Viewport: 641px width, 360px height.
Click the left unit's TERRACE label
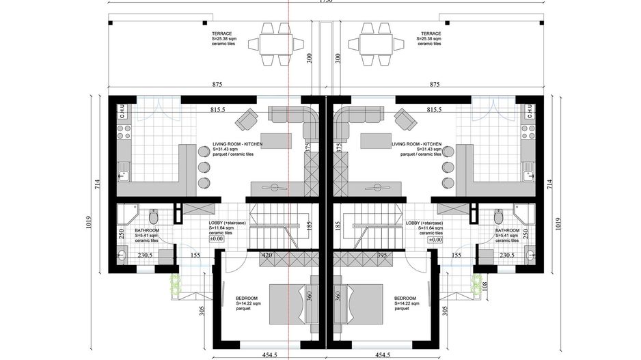[221, 33]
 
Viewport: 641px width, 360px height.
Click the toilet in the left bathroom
[154, 217]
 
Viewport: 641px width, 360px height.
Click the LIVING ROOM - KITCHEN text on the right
[416, 144]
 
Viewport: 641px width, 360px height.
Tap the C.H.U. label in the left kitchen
[122, 111]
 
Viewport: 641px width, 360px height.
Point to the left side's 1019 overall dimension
[89, 226]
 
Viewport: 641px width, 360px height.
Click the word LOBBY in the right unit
[413, 223]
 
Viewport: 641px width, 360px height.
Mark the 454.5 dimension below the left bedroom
[252, 355]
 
